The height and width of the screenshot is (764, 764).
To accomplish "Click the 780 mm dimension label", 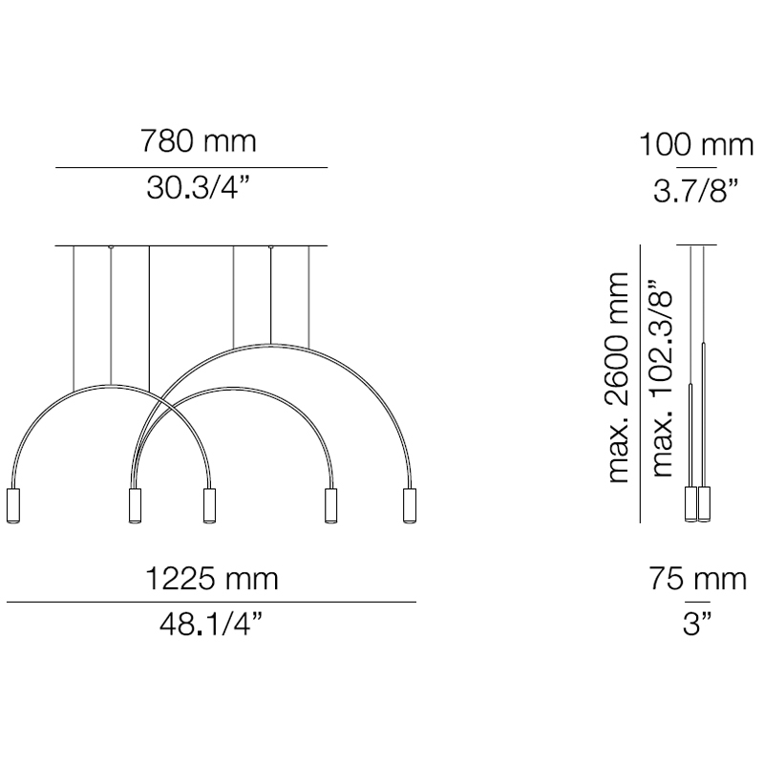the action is pyautogui.click(x=199, y=140).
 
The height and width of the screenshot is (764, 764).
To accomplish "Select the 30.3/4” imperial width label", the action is pyautogui.click(x=199, y=188).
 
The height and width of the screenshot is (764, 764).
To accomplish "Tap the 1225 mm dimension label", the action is pyautogui.click(x=211, y=579).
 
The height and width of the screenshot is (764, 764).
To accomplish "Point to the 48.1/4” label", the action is pyautogui.click(x=211, y=625).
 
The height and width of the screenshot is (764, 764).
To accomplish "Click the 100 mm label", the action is pyautogui.click(x=696, y=145).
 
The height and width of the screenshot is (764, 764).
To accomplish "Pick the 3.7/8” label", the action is pyautogui.click(x=696, y=190).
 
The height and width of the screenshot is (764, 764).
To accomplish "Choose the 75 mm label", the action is pyautogui.click(x=697, y=579).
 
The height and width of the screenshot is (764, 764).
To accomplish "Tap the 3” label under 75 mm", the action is pyautogui.click(x=697, y=625).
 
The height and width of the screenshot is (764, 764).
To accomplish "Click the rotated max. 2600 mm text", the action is pyautogui.click(x=619, y=377).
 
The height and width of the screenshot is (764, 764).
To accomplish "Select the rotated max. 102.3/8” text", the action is pyautogui.click(x=662, y=377).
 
